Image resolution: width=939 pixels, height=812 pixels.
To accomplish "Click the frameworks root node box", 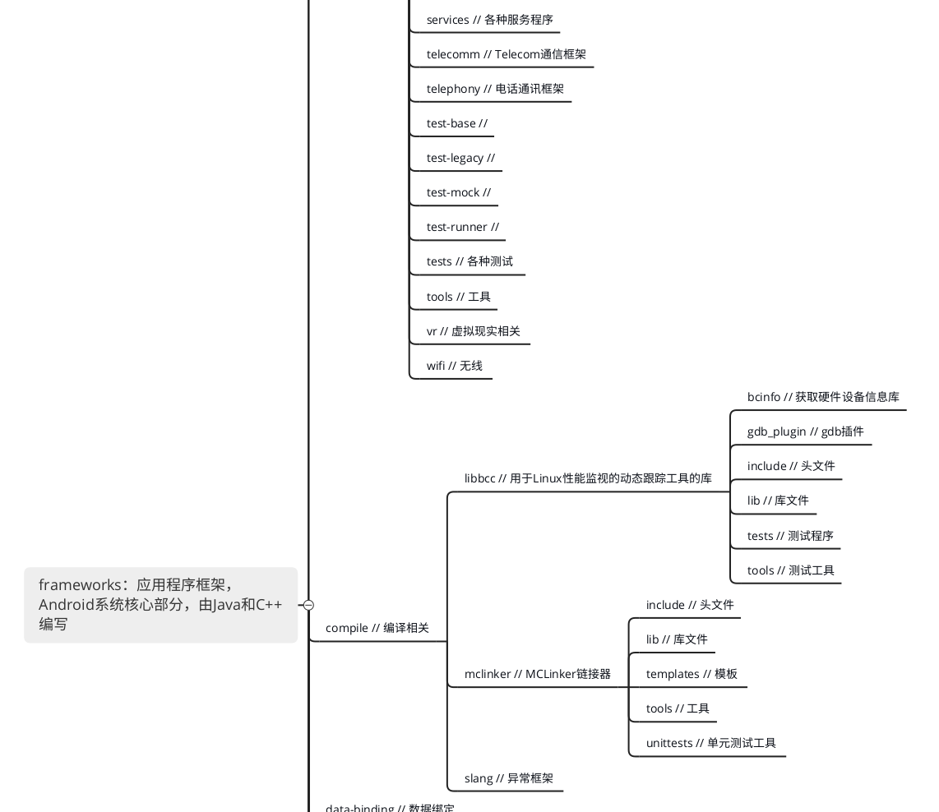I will pos(160,604).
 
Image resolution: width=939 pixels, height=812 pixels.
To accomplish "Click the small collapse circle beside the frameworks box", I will pos(308,605).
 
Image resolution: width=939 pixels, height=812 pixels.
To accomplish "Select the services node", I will pos(489,20).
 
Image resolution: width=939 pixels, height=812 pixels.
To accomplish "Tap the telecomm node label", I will pos(506,54).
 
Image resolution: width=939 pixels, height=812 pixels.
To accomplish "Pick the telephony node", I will pos(495,89).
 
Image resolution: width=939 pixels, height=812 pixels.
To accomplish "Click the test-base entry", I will pos(456,123).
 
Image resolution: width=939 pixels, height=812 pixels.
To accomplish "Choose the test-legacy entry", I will pos(460,158).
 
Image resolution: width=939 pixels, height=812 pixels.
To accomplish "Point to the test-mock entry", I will pos(458,192).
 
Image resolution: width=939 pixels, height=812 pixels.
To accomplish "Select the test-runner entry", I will pos(462,227).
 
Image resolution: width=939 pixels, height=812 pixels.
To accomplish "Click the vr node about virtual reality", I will pos(473,331).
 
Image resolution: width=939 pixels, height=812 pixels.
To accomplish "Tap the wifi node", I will pos(454,366).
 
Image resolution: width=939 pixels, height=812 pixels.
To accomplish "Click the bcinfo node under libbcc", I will pos(822,397).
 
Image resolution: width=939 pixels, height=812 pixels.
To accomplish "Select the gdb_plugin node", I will pos(805,431).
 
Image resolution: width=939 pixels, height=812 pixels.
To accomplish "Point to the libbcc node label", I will pos(587,478).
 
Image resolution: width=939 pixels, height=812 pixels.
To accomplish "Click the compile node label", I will pos(377,628).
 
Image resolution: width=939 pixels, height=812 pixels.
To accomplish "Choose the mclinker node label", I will pos(537,674).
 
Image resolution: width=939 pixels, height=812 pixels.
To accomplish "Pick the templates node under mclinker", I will pos(691,674).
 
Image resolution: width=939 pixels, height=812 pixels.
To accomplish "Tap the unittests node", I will pos(710,743).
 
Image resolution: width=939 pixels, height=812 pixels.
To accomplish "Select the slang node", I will pos(508,778).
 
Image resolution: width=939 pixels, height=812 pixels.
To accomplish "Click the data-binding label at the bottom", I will pos(389,807).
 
